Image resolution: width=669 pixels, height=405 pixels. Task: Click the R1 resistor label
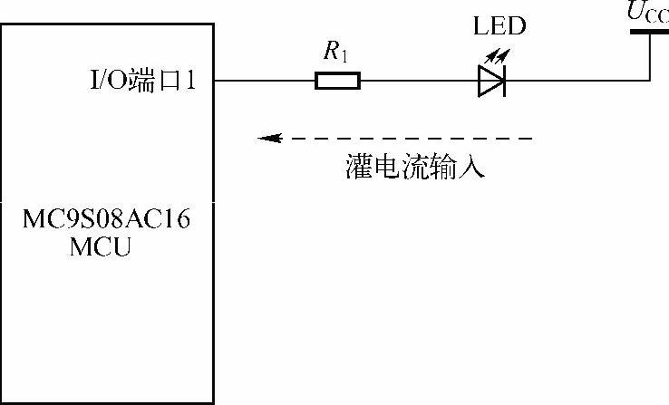pos(335,53)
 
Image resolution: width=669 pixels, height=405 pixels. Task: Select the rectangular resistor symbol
pos(337,82)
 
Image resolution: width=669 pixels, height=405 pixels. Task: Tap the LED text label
pos(499,26)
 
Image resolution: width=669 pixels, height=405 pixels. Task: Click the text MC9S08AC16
pos(107,220)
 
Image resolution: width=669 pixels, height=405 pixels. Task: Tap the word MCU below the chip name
pos(100,245)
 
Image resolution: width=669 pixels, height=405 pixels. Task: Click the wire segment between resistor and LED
pos(419,82)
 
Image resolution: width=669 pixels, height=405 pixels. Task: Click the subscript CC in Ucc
pos(658,18)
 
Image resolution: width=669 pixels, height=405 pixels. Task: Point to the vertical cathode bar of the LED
pos(503,82)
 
